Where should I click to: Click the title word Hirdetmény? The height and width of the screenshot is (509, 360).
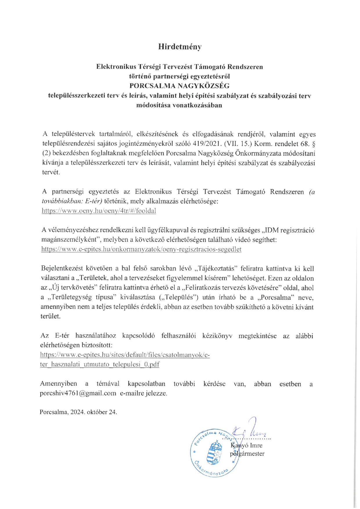click(x=180, y=47)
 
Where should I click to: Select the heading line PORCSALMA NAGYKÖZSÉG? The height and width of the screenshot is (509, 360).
click(x=179, y=86)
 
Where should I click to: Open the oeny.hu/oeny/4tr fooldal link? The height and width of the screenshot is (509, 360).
click(x=99, y=211)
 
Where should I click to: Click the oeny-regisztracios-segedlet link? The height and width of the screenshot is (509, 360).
click(x=141, y=249)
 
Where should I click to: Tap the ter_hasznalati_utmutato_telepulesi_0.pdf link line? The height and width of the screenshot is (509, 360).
click(x=100, y=364)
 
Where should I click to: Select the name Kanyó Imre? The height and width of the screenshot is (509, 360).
click(x=246, y=445)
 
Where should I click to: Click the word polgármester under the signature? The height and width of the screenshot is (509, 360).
click(x=247, y=454)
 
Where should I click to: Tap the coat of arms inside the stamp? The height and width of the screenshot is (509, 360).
click(x=214, y=453)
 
